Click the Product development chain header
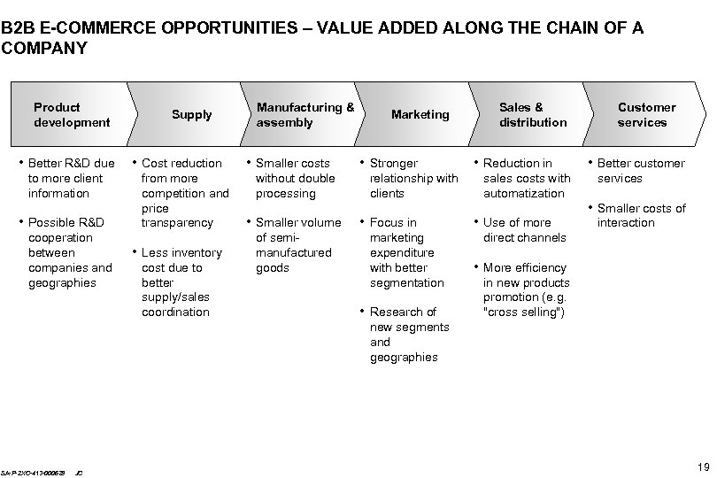[72, 114]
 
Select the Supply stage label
[192, 114]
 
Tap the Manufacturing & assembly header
[305, 114]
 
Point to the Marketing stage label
[420, 114]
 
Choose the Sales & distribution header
[533, 114]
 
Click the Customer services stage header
[646, 114]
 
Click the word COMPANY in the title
[45, 48]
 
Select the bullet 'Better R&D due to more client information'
[72, 178]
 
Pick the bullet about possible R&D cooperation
[71, 252]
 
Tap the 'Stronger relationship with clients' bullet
[413, 178]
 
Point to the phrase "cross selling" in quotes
[524, 312]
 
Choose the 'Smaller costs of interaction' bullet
[641, 215]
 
